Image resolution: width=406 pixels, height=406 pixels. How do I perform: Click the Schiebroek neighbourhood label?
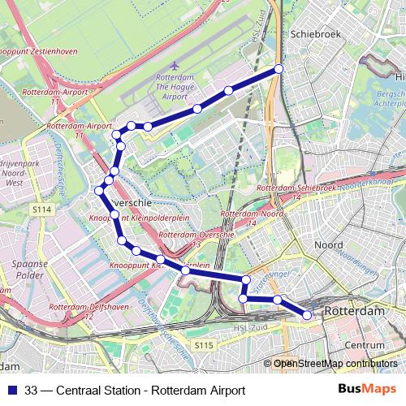(x=313, y=37)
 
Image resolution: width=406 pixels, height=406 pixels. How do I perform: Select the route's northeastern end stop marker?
(x=279, y=69)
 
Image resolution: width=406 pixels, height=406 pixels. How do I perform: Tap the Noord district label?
(x=328, y=244)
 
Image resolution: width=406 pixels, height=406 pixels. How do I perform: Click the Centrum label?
(x=365, y=345)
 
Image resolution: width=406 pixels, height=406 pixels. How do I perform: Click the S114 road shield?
(x=42, y=210)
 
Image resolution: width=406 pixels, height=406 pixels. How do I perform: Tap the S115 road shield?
(x=204, y=346)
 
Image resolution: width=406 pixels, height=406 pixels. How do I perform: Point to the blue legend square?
(x=11, y=389)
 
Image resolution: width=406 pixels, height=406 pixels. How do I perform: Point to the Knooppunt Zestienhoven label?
(x=38, y=51)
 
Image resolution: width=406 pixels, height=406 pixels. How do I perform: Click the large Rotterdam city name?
(x=354, y=312)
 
